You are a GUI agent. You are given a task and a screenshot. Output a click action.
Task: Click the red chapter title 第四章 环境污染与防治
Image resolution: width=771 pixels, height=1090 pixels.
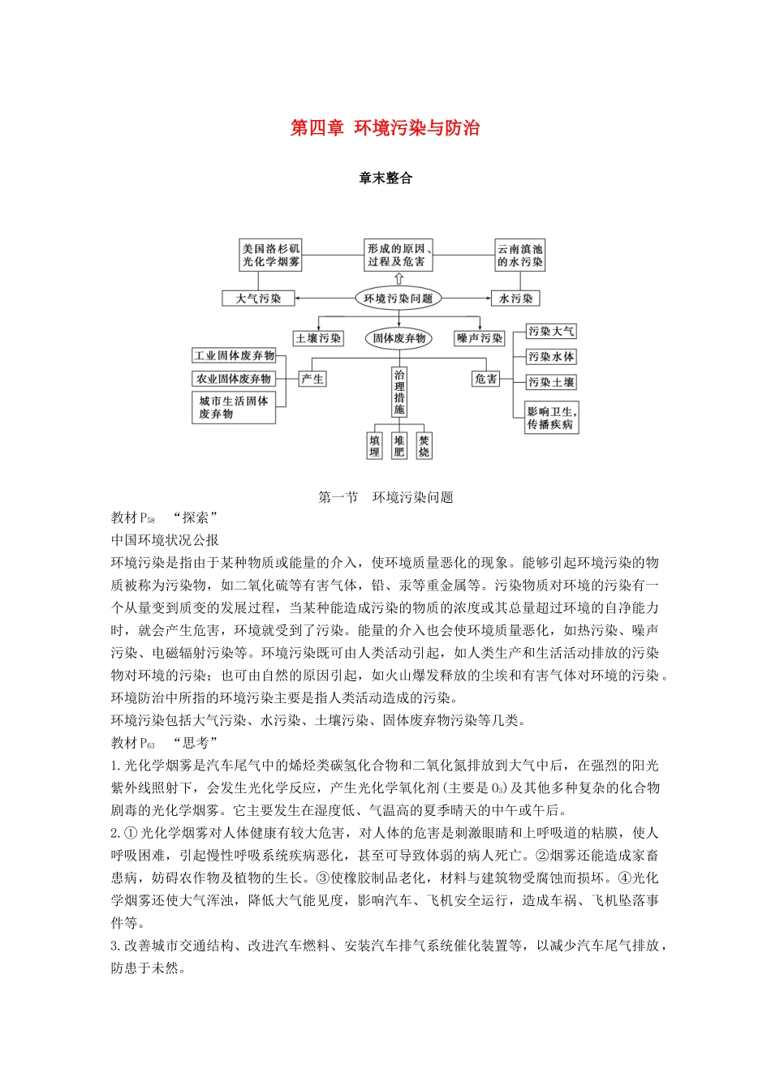(385, 128)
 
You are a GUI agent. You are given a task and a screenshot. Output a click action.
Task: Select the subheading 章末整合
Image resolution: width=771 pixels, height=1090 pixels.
(385, 178)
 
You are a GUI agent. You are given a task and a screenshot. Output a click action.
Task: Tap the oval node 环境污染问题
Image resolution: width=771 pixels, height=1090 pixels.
(398, 298)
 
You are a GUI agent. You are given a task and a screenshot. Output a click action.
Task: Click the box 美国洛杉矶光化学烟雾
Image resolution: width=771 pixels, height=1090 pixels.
(271, 255)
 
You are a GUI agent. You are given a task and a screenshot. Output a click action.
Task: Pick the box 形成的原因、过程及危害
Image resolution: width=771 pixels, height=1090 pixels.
(398, 255)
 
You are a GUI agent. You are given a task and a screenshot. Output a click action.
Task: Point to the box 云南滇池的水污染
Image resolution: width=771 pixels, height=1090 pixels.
(520, 255)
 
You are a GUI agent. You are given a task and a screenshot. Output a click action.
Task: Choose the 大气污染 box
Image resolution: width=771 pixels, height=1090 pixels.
(258, 298)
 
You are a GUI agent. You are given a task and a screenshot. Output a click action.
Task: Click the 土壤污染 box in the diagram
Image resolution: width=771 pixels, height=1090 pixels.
(318, 338)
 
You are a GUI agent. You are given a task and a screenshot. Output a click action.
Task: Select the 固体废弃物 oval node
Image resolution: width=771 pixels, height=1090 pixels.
(398, 338)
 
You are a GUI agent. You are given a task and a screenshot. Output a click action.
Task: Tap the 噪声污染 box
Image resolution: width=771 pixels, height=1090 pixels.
(480, 338)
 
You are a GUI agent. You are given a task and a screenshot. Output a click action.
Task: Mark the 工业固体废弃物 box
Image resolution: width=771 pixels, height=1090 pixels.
(234, 355)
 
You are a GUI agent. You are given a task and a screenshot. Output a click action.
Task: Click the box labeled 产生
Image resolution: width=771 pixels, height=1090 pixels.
(312, 379)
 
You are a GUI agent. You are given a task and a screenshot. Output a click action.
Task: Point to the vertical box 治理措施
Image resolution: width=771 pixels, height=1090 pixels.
(399, 393)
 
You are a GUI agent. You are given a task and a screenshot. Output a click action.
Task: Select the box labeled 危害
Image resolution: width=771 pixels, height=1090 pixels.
(486, 379)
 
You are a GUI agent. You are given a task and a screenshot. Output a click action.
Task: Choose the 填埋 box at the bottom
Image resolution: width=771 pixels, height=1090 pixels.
(374, 446)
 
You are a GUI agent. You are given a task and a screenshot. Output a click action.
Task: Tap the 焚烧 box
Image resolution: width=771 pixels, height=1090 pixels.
(424, 446)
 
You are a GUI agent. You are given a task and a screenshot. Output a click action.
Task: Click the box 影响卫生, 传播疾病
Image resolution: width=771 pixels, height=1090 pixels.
(551, 418)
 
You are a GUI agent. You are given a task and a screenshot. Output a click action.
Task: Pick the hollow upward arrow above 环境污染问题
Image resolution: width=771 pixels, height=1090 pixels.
(398, 278)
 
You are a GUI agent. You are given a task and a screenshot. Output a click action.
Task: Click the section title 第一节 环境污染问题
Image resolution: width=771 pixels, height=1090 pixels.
(385, 497)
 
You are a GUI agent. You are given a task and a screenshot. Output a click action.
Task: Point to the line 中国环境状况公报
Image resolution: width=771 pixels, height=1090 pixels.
(165, 539)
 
